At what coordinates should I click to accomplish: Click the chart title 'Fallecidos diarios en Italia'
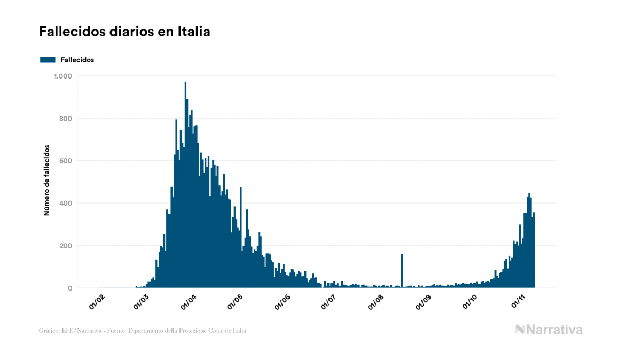pyautogui.click(x=124, y=32)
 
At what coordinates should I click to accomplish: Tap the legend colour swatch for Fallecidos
pyautogui.click(x=48, y=60)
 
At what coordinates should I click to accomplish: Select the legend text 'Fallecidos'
pyautogui.click(x=77, y=60)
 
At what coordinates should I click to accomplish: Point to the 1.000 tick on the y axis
pyautogui.click(x=62, y=76)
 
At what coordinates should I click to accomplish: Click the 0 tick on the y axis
pyautogui.click(x=69, y=288)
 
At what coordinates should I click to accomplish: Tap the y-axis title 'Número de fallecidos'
pyautogui.click(x=46, y=180)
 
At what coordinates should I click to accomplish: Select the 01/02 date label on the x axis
pyautogui.click(x=97, y=302)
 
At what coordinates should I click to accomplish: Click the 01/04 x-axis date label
pyautogui.click(x=189, y=302)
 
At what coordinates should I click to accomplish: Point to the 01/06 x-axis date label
pyautogui.click(x=281, y=302)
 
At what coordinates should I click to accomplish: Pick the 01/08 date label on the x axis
pyautogui.click(x=376, y=302)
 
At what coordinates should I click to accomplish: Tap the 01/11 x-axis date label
pyautogui.click(x=519, y=302)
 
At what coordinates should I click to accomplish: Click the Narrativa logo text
pyautogui.click(x=554, y=330)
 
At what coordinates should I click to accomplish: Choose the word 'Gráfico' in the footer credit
pyautogui.click(x=49, y=331)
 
